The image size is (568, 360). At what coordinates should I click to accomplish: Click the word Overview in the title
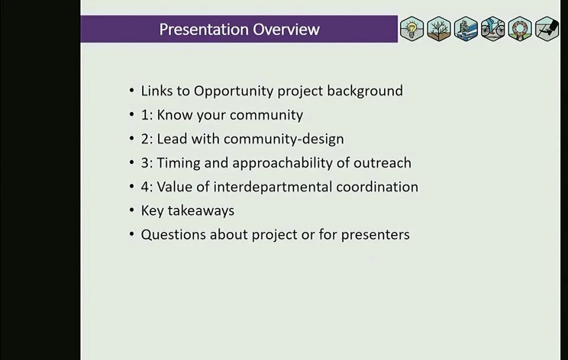pos(286,30)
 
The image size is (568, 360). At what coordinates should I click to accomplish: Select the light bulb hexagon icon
pos(412,28)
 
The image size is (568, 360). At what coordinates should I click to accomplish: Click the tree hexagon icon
pos(438,28)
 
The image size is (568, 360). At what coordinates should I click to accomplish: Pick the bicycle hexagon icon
pos(493,28)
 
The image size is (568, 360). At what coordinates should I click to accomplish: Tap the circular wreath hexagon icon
pos(520,28)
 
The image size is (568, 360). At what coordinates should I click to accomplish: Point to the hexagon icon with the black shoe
pos(547,28)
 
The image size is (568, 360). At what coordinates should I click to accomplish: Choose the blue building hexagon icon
pos(466,28)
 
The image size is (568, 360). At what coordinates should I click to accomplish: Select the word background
pos(365,91)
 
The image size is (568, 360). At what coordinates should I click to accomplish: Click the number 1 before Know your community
pos(144,115)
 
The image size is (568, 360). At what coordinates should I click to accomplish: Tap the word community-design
pos(283,139)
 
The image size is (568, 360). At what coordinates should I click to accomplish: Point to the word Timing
pos(178,163)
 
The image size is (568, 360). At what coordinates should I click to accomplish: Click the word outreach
pos(383,163)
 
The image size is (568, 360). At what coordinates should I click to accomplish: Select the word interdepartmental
pos(272,187)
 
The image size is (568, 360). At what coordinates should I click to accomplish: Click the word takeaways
pos(201,211)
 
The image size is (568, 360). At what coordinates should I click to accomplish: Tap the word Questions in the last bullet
pos(173,235)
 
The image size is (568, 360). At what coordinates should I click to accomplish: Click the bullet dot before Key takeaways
pos(131,210)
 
